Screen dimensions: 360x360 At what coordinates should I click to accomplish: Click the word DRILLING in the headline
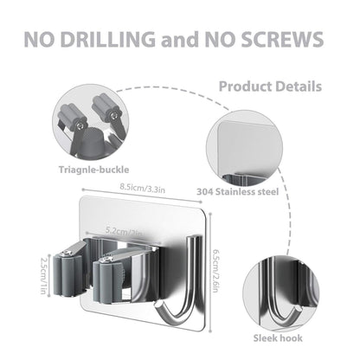click(x=108, y=39)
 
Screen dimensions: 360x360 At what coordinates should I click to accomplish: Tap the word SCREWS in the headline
click(x=282, y=39)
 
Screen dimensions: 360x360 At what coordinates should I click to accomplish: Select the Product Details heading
click(x=270, y=87)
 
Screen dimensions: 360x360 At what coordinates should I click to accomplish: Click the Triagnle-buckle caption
click(x=93, y=170)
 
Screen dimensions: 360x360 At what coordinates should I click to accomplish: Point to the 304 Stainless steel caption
click(x=238, y=192)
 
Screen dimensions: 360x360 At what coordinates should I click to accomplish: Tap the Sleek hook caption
click(x=278, y=337)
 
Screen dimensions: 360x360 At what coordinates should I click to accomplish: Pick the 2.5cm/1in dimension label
click(x=44, y=275)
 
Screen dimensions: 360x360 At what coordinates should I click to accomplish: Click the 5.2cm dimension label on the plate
click(x=124, y=232)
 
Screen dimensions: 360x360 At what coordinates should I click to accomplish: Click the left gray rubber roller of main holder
click(x=67, y=274)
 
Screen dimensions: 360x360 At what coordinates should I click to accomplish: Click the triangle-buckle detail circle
click(x=91, y=123)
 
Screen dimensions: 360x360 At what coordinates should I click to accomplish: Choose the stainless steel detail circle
click(x=245, y=149)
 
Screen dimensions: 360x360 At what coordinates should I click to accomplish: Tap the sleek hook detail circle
click(x=280, y=293)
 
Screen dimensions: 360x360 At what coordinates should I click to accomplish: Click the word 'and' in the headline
click(x=180, y=40)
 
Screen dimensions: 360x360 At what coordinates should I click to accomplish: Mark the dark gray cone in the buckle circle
click(x=92, y=144)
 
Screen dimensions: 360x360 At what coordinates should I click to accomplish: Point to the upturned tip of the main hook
click(x=157, y=305)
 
